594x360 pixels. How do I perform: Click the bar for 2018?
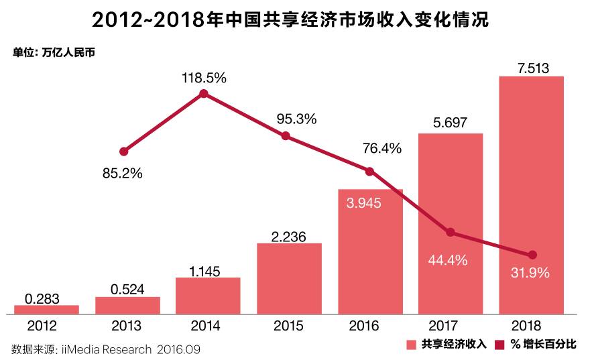pos(531,194)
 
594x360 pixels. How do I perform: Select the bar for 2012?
pos(46,309)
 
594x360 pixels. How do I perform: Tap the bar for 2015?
pos(289,278)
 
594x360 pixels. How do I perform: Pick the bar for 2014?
pos(208,295)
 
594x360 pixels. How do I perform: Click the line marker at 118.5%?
pos(204,94)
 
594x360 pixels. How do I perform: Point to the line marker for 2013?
pos(123,152)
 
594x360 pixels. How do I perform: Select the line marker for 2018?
pos(532,255)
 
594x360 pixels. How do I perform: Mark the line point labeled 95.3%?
pos(286,135)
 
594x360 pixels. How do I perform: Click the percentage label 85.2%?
pos(123,174)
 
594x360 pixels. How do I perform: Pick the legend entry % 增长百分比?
pos(536,345)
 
